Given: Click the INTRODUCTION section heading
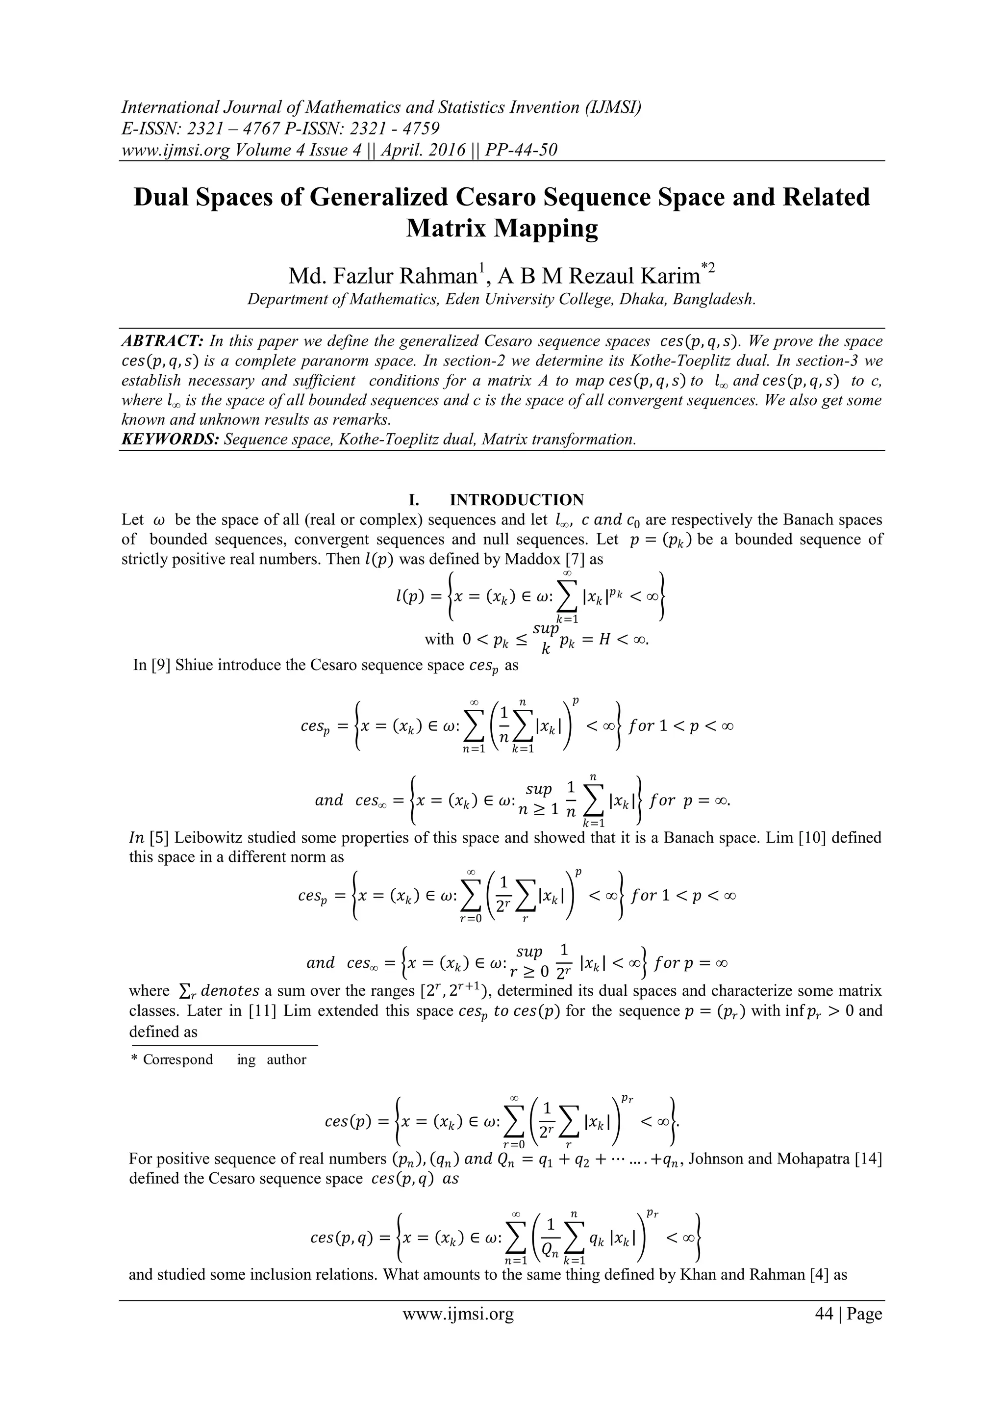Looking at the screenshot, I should tap(516, 500).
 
